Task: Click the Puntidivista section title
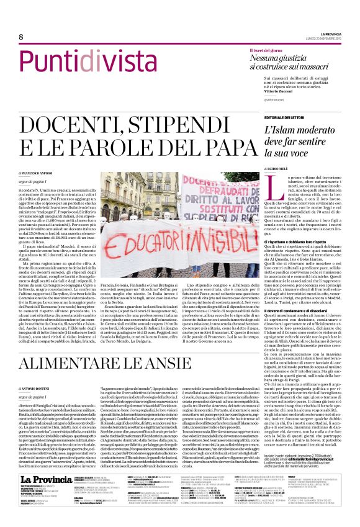coord(88,62)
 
